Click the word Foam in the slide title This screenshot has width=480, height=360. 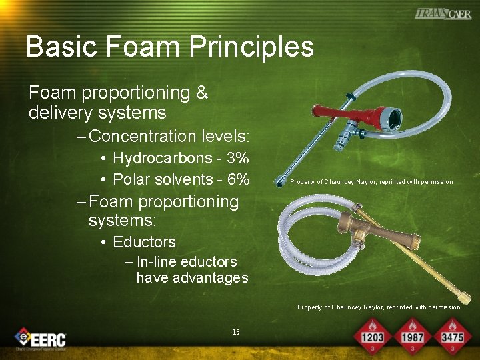(140, 47)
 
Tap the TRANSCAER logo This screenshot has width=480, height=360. (443, 13)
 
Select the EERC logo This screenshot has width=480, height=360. (41, 338)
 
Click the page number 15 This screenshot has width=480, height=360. (235, 332)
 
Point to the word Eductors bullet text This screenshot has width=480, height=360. (144, 242)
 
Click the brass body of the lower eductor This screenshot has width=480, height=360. (377, 229)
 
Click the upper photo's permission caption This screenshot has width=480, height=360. (371, 182)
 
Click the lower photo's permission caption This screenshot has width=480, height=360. (379, 307)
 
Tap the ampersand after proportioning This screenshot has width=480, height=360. (202, 93)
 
